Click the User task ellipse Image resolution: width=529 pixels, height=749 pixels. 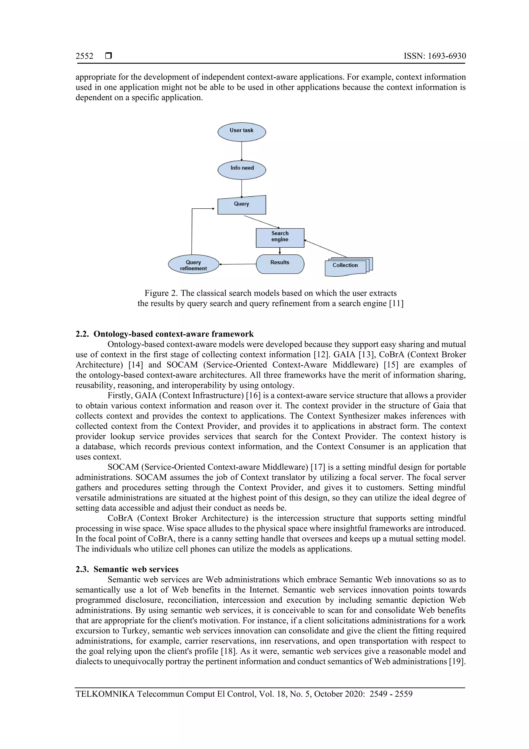(x=242, y=132)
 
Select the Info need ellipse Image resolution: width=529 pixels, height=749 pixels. (x=242, y=170)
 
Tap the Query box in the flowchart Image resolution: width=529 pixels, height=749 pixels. (x=242, y=205)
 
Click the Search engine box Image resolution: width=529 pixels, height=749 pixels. (x=280, y=238)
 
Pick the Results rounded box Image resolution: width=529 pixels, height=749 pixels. (x=280, y=264)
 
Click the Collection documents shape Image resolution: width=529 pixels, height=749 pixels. (x=346, y=267)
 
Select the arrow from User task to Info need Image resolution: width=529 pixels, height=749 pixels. (x=242, y=151)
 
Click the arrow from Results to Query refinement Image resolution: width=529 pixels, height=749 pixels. (x=238, y=264)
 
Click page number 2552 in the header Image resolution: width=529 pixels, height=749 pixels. (x=84, y=56)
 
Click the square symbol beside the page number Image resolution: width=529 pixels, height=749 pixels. (x=108, y=56)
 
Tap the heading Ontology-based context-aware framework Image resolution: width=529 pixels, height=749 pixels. (x=173, y=334)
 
